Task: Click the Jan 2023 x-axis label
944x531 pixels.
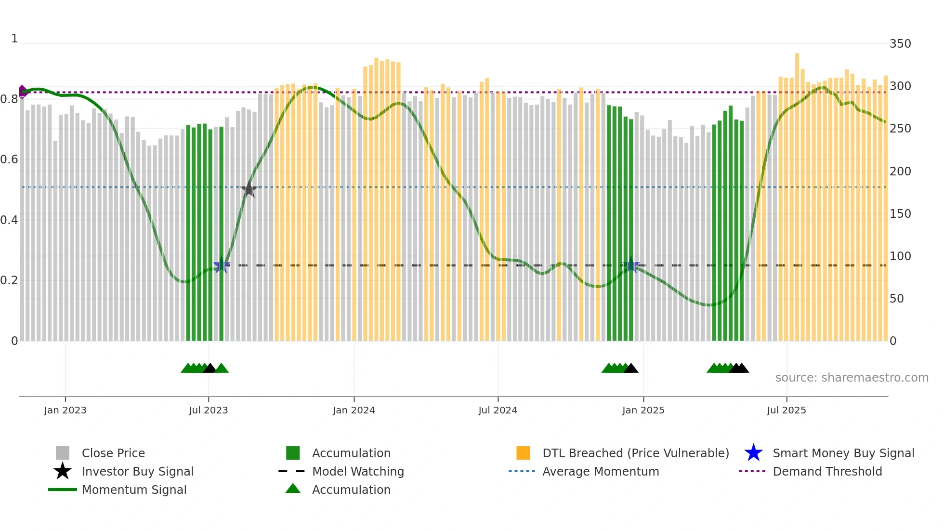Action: point(65,410)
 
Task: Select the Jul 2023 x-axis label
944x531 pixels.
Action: point(208,410)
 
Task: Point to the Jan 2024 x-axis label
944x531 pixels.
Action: point(354,410)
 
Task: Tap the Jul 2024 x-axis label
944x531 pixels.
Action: point(498,410)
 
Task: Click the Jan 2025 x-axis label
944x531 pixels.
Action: point(643,410)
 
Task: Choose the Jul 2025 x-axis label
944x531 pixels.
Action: point(786,410)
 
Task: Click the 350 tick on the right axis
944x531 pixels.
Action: point(900,44)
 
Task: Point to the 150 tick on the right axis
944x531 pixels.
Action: point(900,213)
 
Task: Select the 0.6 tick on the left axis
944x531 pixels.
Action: point(9,159)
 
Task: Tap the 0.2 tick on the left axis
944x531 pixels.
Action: point(9,280)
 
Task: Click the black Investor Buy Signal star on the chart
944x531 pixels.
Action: point(249,189)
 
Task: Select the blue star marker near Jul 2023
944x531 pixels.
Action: point(221,265)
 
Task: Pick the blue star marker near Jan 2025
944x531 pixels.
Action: point(630,265)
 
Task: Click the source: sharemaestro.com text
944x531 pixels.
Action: point(852,378)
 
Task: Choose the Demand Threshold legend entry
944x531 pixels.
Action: point(827,471)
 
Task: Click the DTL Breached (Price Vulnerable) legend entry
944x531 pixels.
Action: point(635,453)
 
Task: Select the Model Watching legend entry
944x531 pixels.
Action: point(357,471)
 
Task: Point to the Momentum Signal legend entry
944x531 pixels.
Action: point(134,490)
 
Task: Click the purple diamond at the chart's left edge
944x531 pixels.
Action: point(22,92)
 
